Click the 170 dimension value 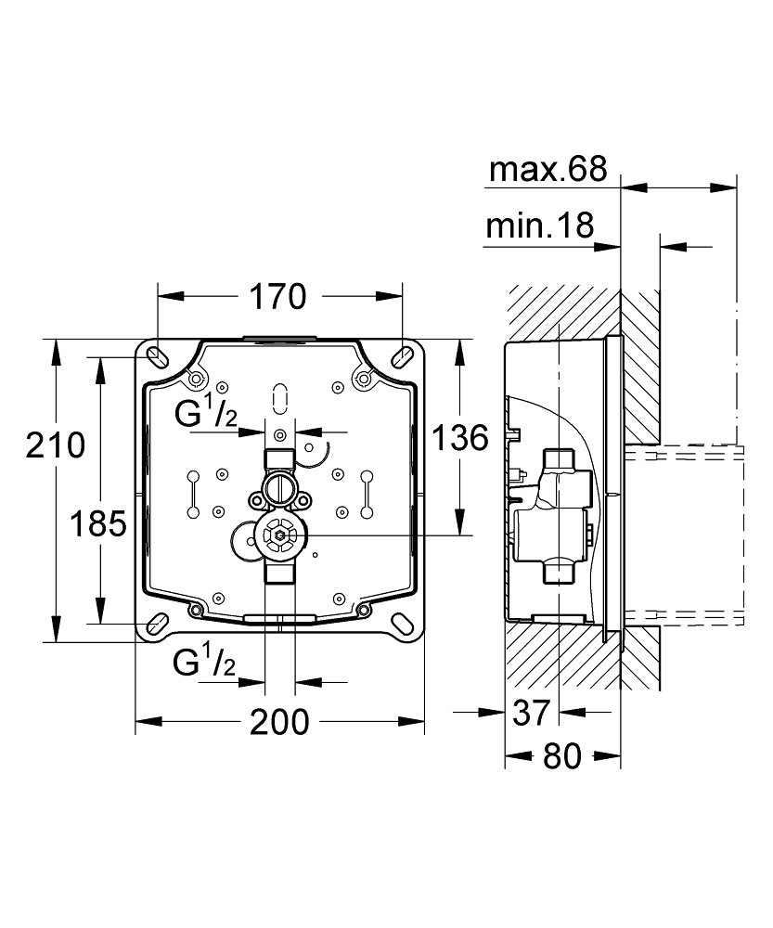coord(277,297)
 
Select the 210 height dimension coord(55,446)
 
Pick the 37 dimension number coord(531,713)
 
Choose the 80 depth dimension coord(560,756)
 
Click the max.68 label coord(548,169)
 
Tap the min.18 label coord(539,226)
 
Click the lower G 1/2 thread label coord(203,663)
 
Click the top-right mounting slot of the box coord(403,355)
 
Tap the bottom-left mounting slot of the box coord(157,623)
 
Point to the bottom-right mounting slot coord(403,623)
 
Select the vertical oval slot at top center coord(278,397)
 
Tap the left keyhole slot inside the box coord(191,493)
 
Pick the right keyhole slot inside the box coord(367,493)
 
